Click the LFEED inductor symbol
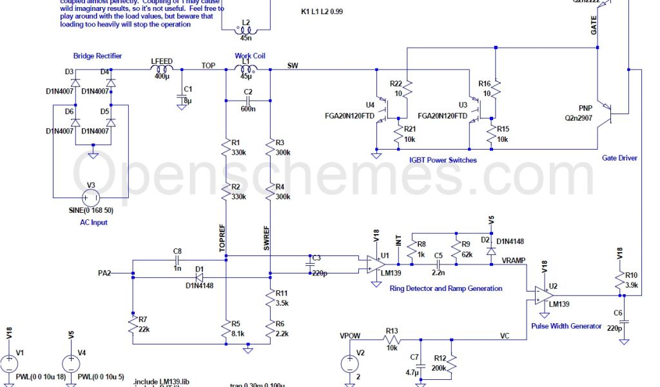pyautogui.click(x=162, y=69)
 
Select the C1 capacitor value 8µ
pyautogui.click(x=188, y=101)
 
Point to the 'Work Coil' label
pyautogui.click(x=250, y=56)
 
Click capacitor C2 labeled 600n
pyautogui.click(x=248, y=101)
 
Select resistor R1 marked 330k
pyautogui.click(x=226, y=149)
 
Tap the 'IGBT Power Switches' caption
pyautogui.click(x=443, y=160)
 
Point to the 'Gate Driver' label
pyautogui.click(x=619, y=157)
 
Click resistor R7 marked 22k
pyautogui.click(x=132, y=326)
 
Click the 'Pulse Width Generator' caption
pyautogui.click(x=567, y=326)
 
